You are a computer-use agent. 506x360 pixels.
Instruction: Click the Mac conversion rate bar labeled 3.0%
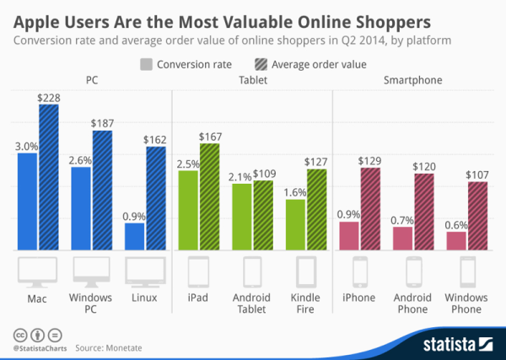point(27,201)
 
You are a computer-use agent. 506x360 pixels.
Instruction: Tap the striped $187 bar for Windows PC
point(102,190)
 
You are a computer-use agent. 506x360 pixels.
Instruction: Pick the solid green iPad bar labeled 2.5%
point(187,210)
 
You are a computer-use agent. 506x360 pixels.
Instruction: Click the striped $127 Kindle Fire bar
point(316,209)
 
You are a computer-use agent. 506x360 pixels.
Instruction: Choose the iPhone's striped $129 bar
point(371,208)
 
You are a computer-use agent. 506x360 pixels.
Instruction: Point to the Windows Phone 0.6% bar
point(456,240)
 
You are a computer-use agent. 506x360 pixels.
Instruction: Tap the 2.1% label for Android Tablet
point(241,175)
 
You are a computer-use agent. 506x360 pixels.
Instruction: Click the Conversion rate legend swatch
point(145,63)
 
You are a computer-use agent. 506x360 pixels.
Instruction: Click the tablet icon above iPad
point(198,272)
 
